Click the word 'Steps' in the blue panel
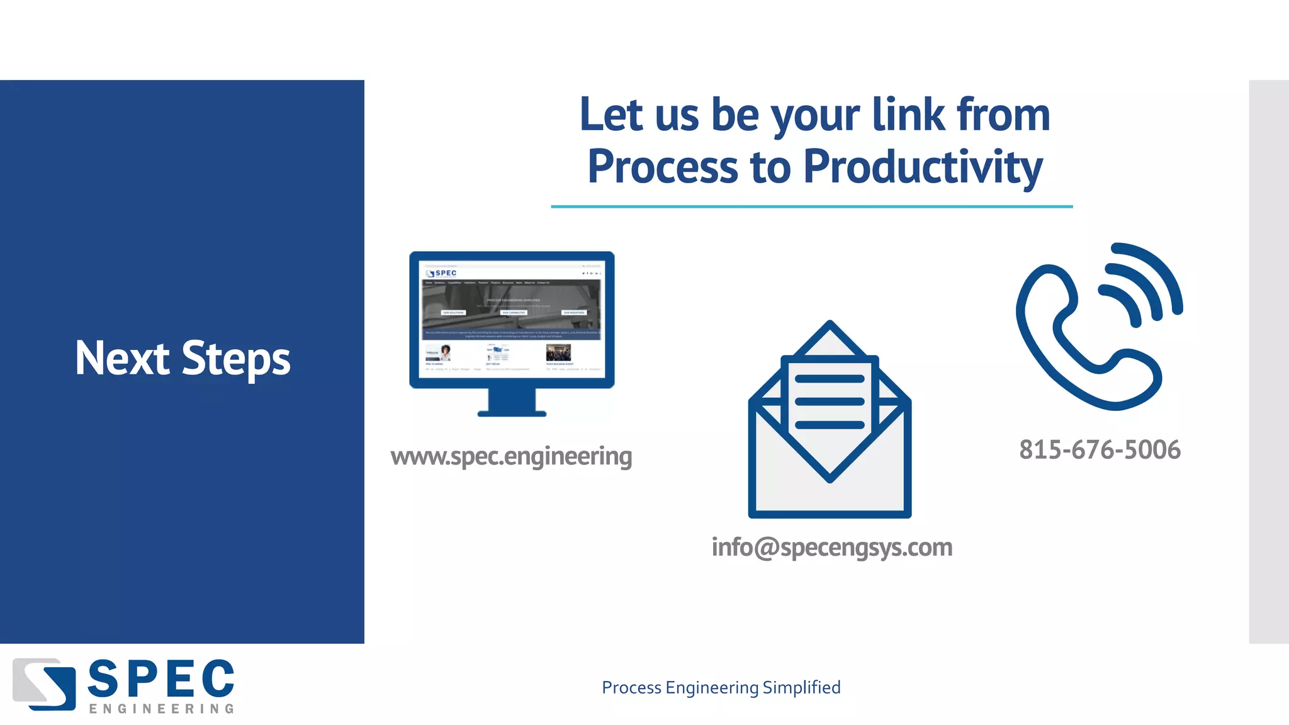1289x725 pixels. click(x=236, y=360)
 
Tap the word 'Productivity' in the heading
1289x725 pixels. click(x=923, y=167)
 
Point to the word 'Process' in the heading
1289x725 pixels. click(x=662, y=167)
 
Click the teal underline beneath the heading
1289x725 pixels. click(x=811, y=206)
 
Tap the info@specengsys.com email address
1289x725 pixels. click(x=831, y=548)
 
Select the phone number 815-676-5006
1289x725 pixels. click(x=1100, y=450)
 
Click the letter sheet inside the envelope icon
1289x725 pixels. click(x=830, y=403)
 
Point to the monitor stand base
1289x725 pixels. click(x=512, y=413)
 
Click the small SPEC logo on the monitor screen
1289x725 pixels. click(x=441, y=273)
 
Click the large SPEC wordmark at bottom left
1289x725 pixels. click(x=161, y=679)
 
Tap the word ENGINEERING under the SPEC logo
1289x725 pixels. click(x=161, y=709)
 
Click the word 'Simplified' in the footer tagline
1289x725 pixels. click(x=801, y=688)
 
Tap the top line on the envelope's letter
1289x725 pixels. click(x=830, y=379)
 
